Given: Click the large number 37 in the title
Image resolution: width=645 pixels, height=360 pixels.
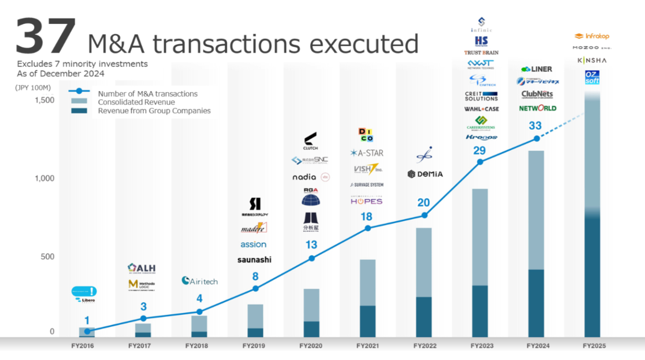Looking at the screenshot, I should pyautogui.click(x=46, y=36).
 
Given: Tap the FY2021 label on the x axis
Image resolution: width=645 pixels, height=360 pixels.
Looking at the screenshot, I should pyautogui.click(x=367, y=346).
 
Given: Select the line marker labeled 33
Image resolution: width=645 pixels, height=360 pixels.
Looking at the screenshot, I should pyautogui.click(x=536, y=139).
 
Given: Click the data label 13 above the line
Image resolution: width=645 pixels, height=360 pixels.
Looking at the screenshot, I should pyautogui.click(x=311, y=245).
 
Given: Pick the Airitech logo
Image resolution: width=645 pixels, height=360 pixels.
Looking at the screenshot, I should pyautogui.click(x=199, y=281).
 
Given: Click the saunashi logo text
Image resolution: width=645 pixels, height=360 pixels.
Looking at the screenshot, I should pyautogui.click(x=254, y=260).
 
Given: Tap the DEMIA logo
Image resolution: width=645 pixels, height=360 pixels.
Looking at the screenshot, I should pyautogui.click(x=425, y=174).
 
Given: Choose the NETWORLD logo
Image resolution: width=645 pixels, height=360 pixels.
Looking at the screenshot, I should pyautogui.click(x=537, y=108).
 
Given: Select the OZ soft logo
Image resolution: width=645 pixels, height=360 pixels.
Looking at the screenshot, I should pyautogui.click(x=592, y=77).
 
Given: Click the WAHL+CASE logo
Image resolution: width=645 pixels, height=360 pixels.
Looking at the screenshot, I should pyautogui.click(x=481, y=109).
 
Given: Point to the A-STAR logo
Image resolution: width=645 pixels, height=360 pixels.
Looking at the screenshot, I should pyautogui.click(x=367, y=153).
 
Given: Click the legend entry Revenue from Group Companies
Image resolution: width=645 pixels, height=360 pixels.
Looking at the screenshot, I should pyautogui.click(x=154, y=111).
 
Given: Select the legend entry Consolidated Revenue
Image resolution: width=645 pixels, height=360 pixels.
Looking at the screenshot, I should pyautogui.click(x=136, y=102).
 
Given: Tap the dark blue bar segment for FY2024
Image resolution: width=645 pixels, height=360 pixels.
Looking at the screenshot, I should pyautogui.click(x=536, y=302).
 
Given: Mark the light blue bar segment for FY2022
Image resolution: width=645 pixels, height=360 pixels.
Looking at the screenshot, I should pyautogui.click(x=423, y=262).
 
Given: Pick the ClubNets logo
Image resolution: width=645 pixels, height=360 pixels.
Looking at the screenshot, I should pyautogui.click(x=537, y=95).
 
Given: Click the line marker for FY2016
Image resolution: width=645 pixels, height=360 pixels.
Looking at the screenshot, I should pyautogui.click(x=87, y=331).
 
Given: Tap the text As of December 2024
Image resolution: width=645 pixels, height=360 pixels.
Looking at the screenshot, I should pyautogui.click(x=60, y=73).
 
